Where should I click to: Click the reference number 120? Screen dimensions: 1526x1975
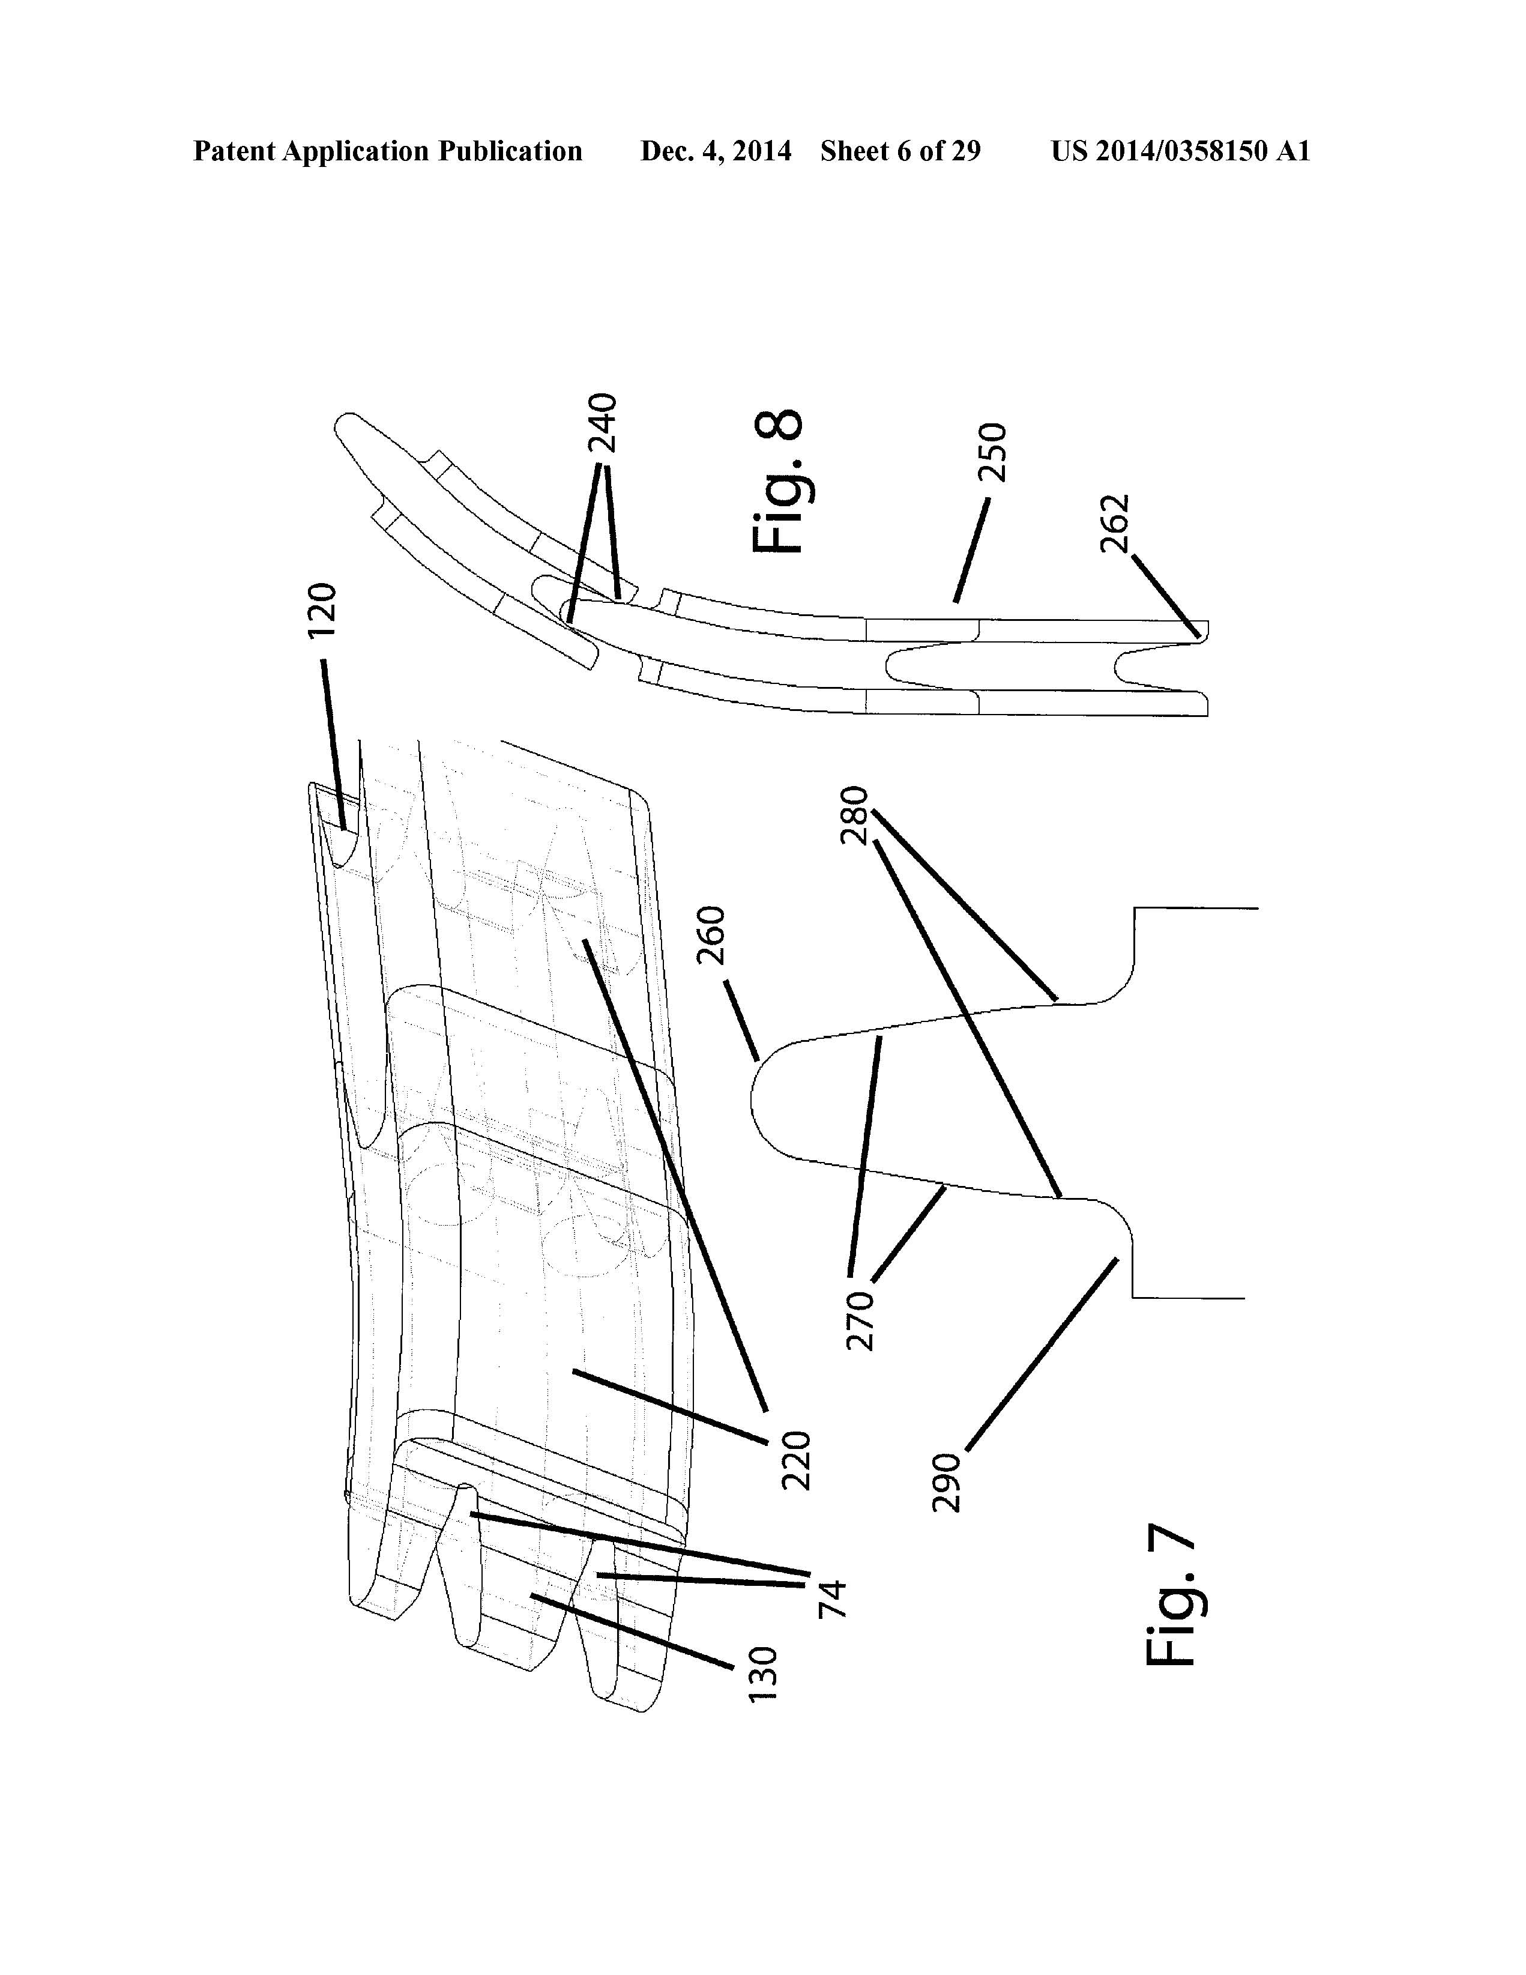tap(322, 611)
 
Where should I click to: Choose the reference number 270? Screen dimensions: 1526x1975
tap(860, 1321)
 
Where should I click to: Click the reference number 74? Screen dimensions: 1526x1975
tap(831, 1599)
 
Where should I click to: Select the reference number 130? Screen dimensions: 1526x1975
tap(762, 1675)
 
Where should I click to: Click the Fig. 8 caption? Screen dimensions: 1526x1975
tap(777, 482)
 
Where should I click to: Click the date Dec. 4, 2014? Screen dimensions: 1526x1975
tap(716, 151)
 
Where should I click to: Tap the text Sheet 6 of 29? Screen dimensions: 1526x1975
tap(900, 151)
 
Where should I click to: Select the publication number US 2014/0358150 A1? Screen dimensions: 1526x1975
tap(1181, 151)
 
